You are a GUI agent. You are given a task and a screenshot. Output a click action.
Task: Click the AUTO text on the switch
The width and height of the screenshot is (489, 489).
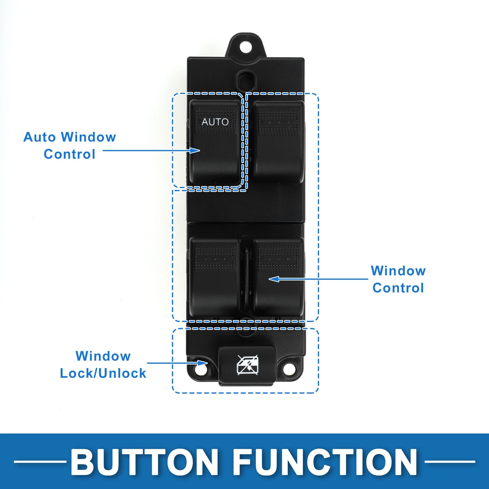pos(215,122)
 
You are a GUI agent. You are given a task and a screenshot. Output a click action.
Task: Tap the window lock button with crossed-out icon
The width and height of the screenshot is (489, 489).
pos(248,365)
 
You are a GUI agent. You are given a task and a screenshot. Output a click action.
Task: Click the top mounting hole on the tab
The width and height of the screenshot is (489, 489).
pos(247,45)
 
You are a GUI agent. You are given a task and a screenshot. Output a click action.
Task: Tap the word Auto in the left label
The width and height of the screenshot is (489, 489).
pos(39,137)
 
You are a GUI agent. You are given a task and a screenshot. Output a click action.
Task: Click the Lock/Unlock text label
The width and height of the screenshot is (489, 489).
pos(103,373)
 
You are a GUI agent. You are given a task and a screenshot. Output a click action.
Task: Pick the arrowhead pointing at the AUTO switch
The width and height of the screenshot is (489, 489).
pos(196,150)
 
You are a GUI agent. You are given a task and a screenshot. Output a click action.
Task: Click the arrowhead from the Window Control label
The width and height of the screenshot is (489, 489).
pos(274,279)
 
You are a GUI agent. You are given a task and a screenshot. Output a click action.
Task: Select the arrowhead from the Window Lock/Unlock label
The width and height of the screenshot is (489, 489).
pos(203,363)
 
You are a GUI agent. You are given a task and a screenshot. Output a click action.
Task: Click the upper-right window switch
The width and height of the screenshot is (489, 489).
pos(278,142)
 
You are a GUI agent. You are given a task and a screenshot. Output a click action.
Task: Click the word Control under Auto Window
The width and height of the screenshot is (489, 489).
pos(69,154)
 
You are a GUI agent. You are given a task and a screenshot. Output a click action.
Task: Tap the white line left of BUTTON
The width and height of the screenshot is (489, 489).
pos(40,461)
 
